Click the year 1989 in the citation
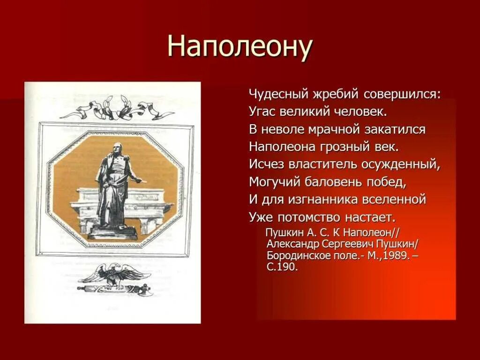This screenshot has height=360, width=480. [395, 255]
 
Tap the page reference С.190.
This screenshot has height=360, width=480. [282, 267]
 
